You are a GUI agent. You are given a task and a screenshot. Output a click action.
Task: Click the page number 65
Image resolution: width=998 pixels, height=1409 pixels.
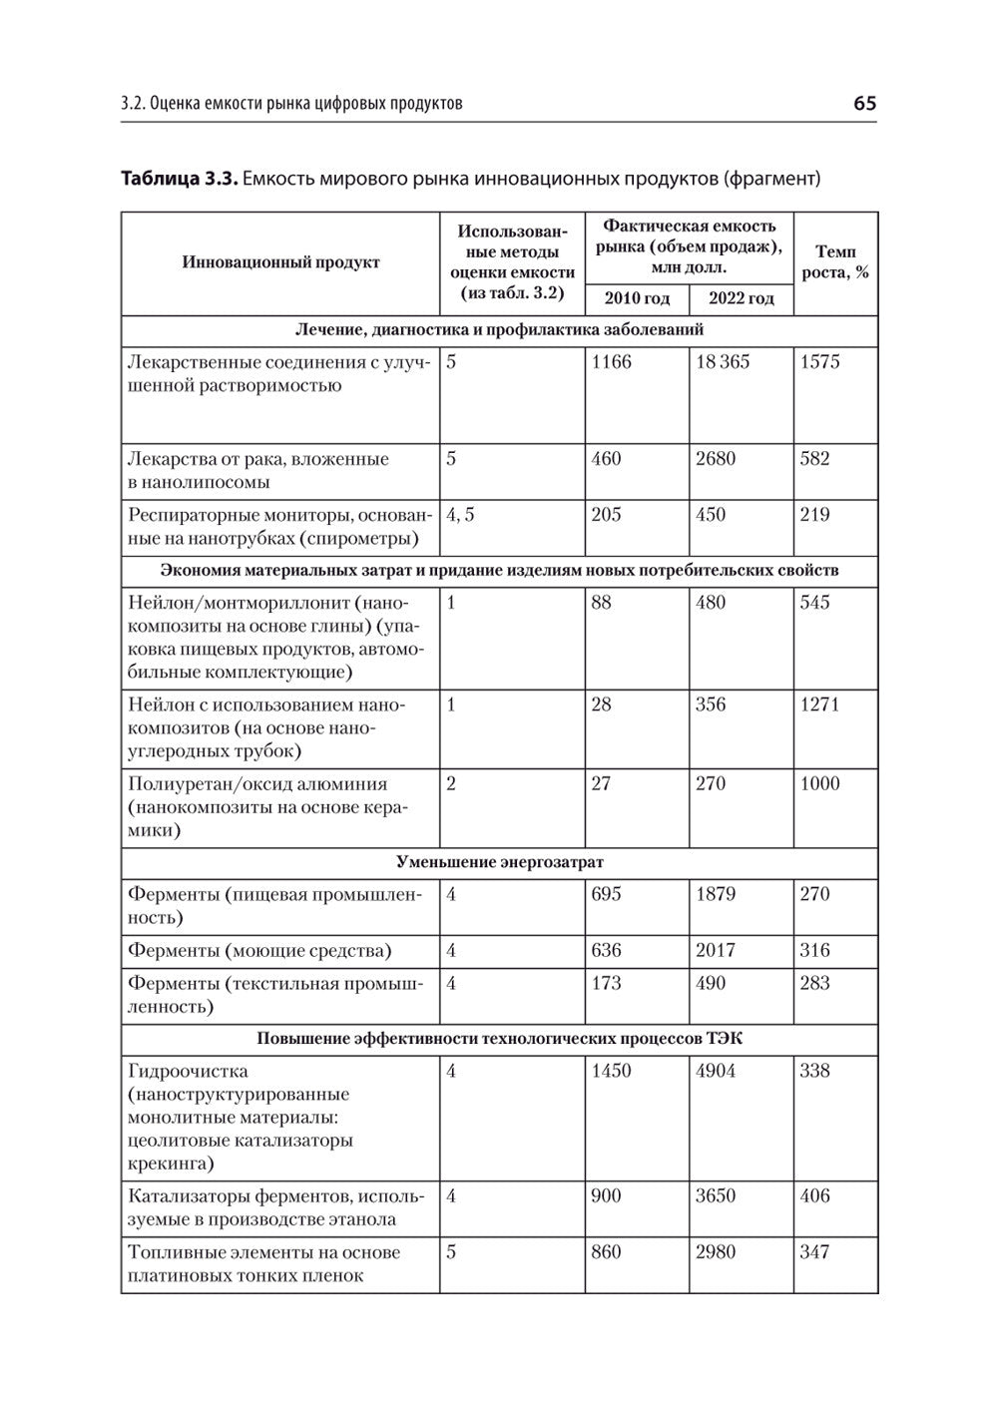(x=864, y=104)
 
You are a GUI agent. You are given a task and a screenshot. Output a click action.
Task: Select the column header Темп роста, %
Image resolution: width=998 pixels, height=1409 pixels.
(x=835, y=262)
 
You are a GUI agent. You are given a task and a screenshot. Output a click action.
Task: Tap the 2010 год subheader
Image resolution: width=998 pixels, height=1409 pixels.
(x=637, y=298)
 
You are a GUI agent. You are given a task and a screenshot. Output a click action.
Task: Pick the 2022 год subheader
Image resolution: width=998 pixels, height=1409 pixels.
(x=741, y=298)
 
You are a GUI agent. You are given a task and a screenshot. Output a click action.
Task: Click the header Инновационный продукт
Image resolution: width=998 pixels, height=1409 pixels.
(x=280, y=262)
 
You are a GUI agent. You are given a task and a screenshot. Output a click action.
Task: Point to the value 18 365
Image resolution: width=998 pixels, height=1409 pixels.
(x=723, y=362)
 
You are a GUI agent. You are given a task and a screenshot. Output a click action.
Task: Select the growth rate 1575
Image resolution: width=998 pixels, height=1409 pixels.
(x=820, y=362)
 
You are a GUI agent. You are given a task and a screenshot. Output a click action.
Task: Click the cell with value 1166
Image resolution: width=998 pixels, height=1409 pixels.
(x=612, y=362)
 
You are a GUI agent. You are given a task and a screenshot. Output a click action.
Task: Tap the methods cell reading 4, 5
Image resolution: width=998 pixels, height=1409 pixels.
(x=460, y=515)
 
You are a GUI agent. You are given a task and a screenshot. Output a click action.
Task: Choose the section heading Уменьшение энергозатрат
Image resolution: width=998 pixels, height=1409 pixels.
(x=499, y=862)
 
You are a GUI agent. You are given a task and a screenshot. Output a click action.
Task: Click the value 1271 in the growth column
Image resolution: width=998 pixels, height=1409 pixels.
(x=820, y=704)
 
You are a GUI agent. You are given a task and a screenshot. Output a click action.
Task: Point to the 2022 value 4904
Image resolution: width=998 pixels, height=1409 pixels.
(x=716, y=1071)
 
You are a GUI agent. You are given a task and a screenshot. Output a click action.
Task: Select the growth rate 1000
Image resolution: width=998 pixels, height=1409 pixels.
(x=820, y=783)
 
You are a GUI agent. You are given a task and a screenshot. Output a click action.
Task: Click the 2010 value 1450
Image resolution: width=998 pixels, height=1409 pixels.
(x=612, y=1071)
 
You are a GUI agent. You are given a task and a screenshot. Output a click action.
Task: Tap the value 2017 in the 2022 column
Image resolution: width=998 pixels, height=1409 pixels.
(x=716, y=950)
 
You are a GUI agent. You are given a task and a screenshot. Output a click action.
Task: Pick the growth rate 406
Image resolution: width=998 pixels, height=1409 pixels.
(x=815, y=1195)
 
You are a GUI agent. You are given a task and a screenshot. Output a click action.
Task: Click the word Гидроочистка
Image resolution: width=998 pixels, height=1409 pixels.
(x=188, y=1071)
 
